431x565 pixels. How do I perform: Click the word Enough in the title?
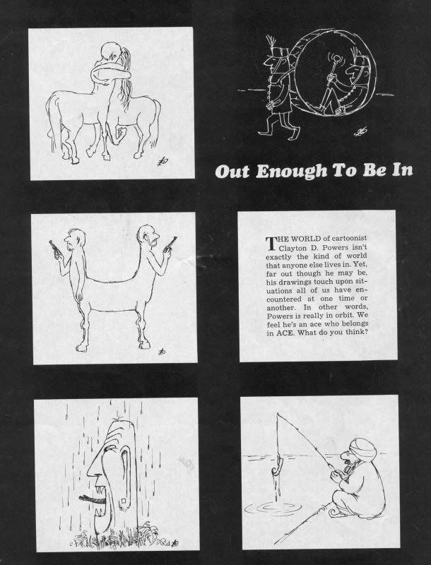point(292,172)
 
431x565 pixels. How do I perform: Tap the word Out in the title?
point(232,172)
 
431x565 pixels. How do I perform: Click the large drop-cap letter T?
point(271,243)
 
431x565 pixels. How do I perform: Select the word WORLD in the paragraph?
point(306,239)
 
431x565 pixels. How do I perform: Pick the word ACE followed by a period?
point(285,333)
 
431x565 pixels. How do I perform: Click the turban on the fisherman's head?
point(362,448)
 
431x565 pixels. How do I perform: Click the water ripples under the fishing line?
point(273,508)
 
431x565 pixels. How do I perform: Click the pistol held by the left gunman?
point(55,249)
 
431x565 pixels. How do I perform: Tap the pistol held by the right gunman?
point(170,244)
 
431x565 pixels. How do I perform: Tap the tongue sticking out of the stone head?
point(93,499)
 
